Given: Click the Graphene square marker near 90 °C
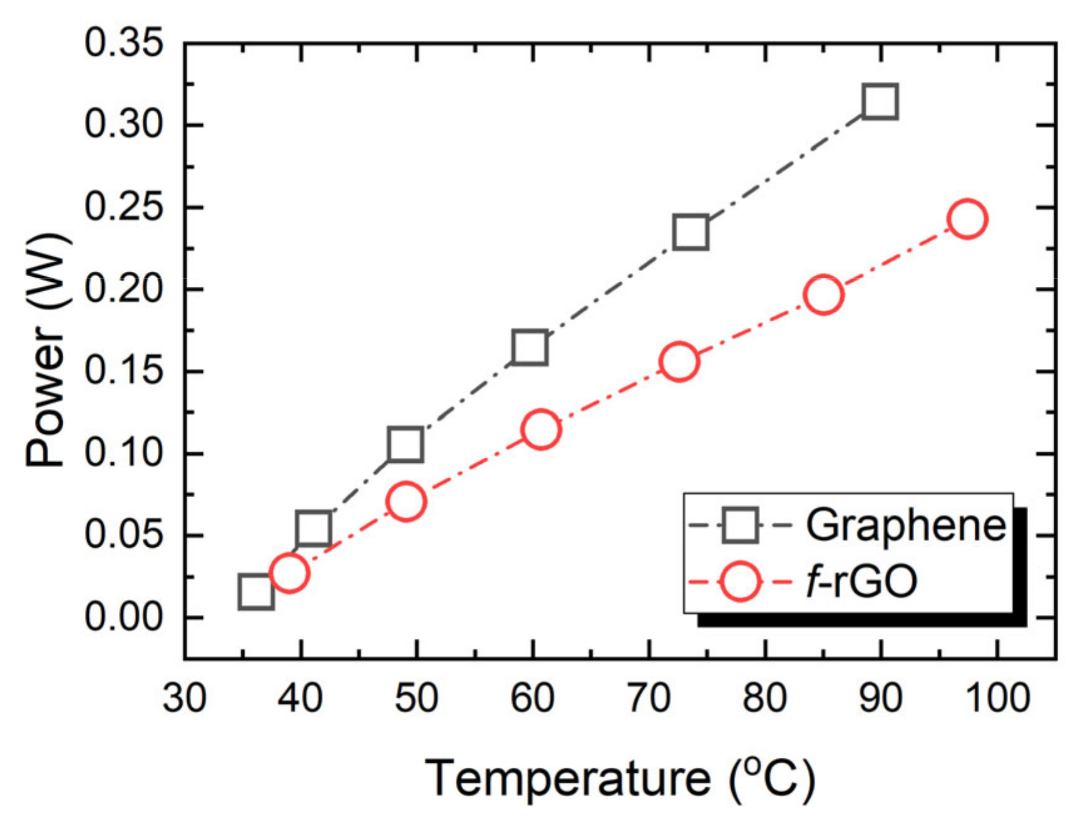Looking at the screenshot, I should click(x=880, y=101).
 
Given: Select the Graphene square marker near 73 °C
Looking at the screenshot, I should click(x=691, y=232).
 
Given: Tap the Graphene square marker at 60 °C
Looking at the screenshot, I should click(x=530, y=347).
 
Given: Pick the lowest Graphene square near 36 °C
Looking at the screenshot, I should click(x=255, y=591).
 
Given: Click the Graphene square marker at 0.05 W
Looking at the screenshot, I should click(x=312, y=528).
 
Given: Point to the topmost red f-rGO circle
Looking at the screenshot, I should click(x=967, y=219).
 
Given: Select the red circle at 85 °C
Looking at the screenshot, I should click(x=823, y=294).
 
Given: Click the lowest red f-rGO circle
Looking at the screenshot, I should click(x=289, y=572).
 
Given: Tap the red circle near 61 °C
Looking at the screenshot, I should click(x=540, y=430).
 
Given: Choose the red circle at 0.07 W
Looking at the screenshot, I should click(x=406, y=502).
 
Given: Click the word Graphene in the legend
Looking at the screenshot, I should click(x=905, y=525).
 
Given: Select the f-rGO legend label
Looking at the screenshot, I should click(x=861, y=582).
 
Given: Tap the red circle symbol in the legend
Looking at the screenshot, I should click(x=740, y=582).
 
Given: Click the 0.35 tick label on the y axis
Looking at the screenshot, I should click(x=123, y=43).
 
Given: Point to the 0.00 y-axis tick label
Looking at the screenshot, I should click(x=123, y=617).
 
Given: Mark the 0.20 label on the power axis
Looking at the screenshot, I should click(x=123, y=289).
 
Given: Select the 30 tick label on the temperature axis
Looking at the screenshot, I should click(x=184, y=697).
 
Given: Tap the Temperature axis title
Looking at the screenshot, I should click(x=620, y=778).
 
